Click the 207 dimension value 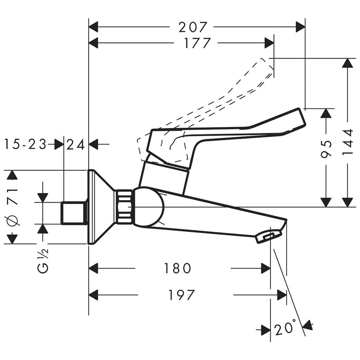click(194, 27)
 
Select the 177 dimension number click(197, 43)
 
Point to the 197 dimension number click(181, 295)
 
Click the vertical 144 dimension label click(348, 143)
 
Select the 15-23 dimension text click(25, 145)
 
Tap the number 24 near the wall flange click(76, 145)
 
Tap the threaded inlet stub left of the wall click(74, 213)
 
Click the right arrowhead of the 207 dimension click(301, 27)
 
